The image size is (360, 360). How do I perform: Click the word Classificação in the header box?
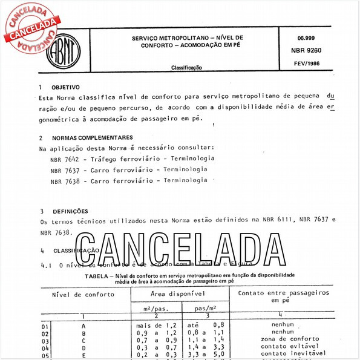pos(186,68)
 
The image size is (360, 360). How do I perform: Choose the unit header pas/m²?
pos(206,307)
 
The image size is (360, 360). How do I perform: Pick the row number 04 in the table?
pos(45,349)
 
